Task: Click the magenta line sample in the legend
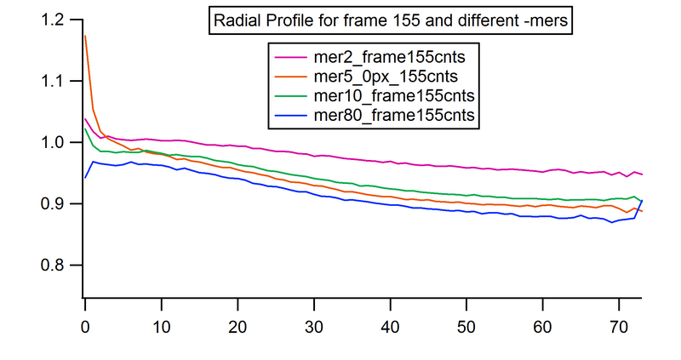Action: pyautogui.click(x=289, y=57)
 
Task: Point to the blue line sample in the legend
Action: pyautogui.click(x=289, y=113)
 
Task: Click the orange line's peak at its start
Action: pyautogui.click(x=85, y=37)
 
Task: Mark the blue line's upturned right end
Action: pyautogui.click(x=641, y=201)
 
